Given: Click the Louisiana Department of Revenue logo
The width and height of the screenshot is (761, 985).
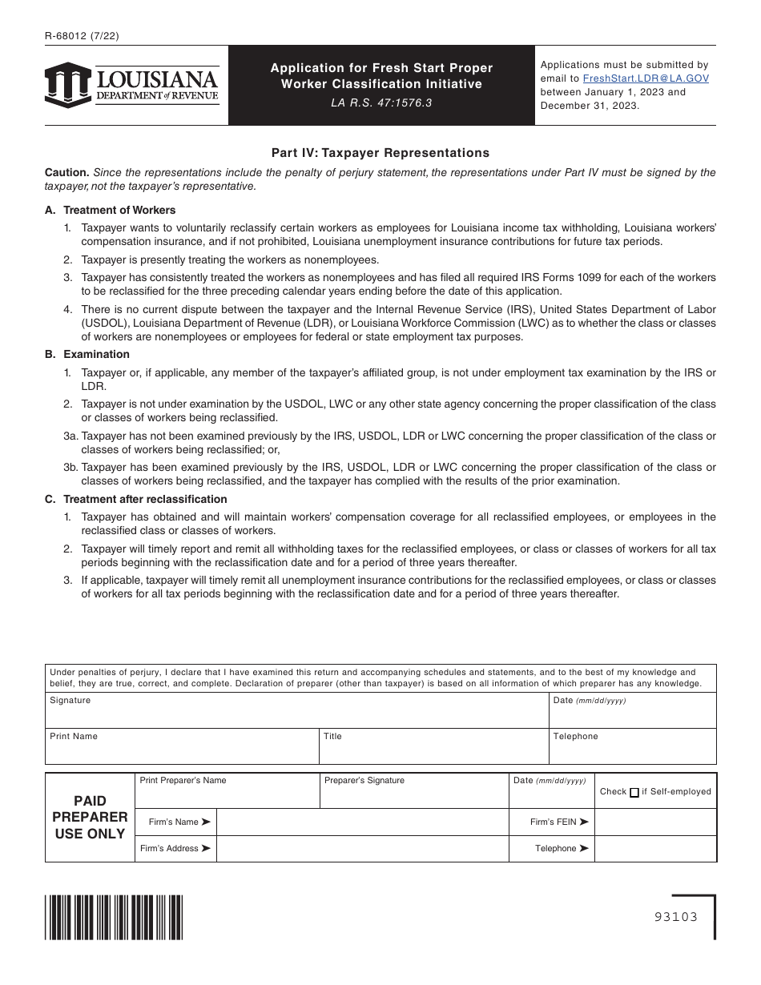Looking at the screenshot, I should click(x=132, y=85).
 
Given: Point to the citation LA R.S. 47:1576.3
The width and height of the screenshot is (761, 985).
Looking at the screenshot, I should click(x=381, y=103).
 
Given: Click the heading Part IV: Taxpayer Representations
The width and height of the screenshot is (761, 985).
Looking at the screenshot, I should click(x=380, y=152).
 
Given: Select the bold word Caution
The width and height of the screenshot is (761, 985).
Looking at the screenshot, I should click(x=66, y=172).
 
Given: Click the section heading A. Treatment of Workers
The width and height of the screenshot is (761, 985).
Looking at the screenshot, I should click(x=110, y=210).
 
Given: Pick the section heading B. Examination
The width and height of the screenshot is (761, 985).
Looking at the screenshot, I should click(x=87, y=354).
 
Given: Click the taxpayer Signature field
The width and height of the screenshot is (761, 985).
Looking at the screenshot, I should click(x=296, y=714).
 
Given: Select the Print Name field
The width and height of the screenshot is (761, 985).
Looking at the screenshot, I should click(x=182, y=750).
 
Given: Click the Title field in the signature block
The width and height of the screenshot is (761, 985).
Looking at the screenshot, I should click(x=433, y=750).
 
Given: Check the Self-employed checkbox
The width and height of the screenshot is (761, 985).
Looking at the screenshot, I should click(x=634, y=792).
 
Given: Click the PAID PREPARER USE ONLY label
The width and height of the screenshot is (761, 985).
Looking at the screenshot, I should click(x=90, y=817).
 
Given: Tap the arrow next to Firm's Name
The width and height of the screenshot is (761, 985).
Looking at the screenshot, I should click(x=206, y=822).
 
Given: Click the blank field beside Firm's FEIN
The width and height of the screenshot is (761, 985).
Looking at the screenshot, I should click(x=655, y=822).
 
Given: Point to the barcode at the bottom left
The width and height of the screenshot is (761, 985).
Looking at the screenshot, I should click(x=114, y=916).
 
